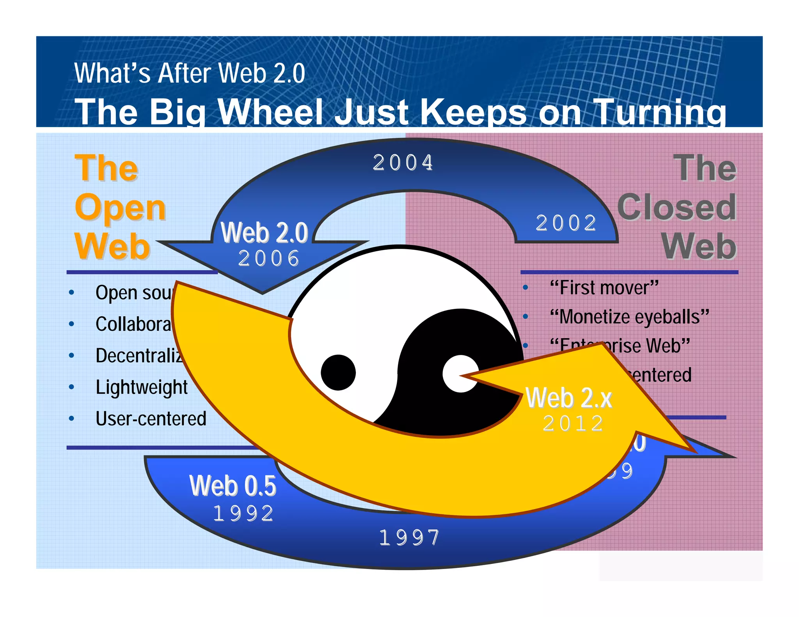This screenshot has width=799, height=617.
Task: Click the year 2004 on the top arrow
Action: (403, 163)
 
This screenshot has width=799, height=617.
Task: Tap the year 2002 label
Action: (566, 223)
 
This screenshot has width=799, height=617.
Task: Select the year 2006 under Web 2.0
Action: (269, 259)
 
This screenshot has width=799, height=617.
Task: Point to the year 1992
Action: (243, 513)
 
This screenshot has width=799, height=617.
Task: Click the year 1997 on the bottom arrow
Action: (409, 538)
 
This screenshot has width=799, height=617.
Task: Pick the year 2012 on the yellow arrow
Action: (573, 424)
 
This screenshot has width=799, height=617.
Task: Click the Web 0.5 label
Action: (233, 486)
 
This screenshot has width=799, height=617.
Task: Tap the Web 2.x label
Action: (569, 398)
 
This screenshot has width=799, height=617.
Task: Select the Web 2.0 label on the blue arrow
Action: (265, 233)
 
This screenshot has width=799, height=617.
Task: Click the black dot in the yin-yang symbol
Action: (338, 372)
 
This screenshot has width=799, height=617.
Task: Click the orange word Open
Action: (121, 208)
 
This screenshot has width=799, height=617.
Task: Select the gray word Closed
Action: (677, 208)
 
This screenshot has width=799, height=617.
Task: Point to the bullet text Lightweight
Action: (142, 387)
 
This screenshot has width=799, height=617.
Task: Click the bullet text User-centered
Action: (151, 419)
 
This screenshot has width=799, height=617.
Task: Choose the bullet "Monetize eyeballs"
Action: (629, 317)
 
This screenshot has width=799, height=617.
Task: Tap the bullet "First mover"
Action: (604, 288)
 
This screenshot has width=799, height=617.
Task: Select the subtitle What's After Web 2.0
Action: (190, 73)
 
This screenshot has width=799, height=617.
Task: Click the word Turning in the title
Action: (660, 112)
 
